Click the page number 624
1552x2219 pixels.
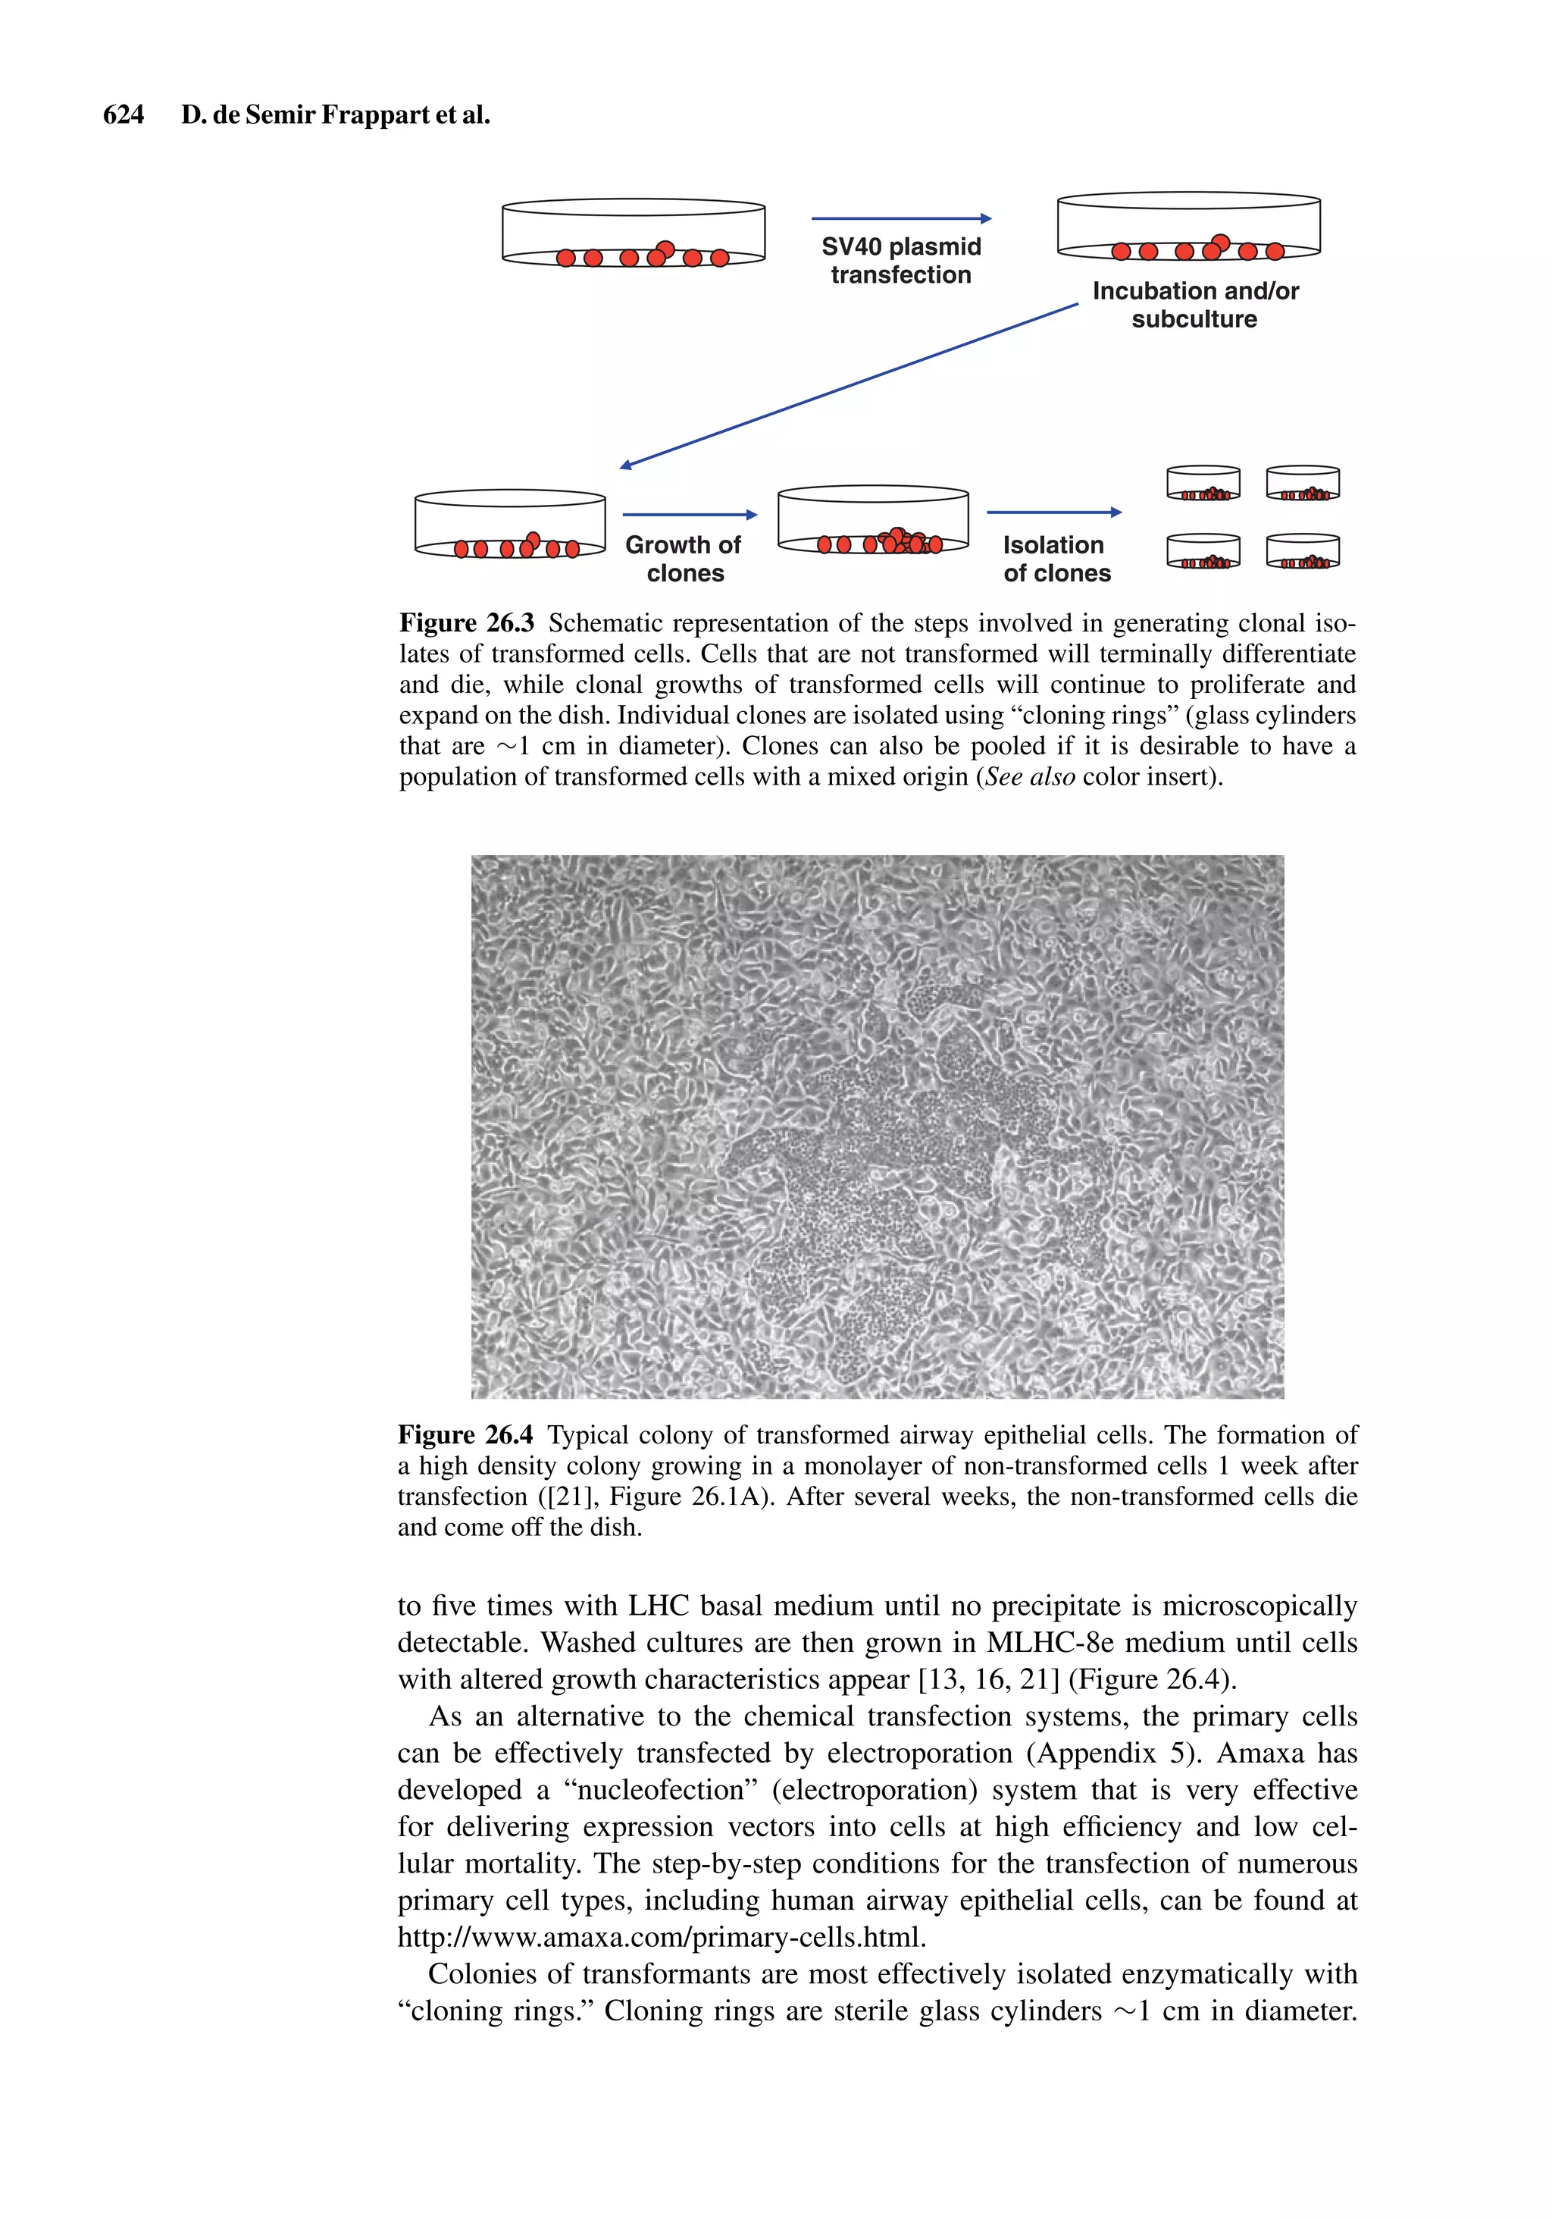(x=123, y=115)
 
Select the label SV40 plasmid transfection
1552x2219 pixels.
(x=901, y=261)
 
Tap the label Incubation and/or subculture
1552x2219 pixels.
(x=1194, y=305)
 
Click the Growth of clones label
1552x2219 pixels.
(x=684, y=559)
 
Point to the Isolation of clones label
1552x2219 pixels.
(x=1056, y=559)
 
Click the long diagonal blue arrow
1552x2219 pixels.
(x=849, y=386)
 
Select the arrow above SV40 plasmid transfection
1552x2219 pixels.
(x=901, y=218)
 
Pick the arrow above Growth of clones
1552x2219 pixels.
(x=689, y=514)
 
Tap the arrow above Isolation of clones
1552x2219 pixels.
(x=1053, y=512)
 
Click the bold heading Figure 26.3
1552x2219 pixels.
(x=466, y=623)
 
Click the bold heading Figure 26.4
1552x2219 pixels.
(x=465, y=1435)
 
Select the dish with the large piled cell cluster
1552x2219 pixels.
(x=873, y=522)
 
